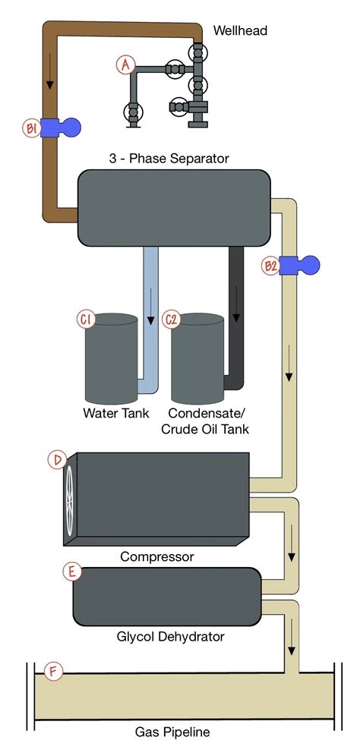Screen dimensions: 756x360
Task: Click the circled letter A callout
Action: pos(126,65)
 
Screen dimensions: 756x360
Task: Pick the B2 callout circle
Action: pos(270,266)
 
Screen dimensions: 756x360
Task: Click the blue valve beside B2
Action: pos(300,265)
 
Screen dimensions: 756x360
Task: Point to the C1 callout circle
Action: pos(86,320)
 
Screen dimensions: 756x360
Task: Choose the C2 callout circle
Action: pos(172,320)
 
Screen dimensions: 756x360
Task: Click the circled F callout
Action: pos(52,671)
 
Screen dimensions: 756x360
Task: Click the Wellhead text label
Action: pos(240,30)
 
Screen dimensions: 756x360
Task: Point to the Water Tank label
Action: pos(115,414)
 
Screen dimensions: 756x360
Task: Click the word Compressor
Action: pos(157,556)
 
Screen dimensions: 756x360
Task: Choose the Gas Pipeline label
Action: pos(172,732)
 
